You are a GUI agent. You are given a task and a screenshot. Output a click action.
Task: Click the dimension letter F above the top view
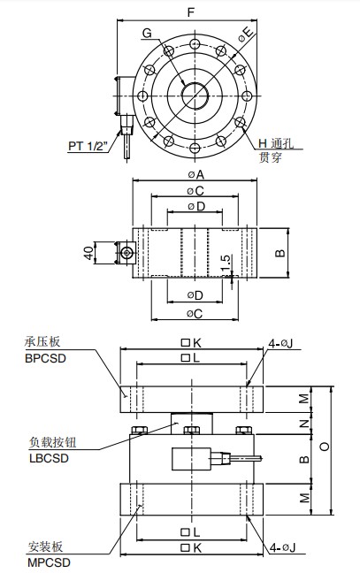pyautogui.click(x=191, y=12)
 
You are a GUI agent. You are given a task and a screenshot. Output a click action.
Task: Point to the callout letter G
pyautogui.click(x=147, y=33)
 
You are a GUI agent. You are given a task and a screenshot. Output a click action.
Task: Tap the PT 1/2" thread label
pyautogui.click(x=89, y=144)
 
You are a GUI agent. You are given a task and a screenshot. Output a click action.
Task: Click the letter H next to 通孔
pyautogui.click(x=262, y=143)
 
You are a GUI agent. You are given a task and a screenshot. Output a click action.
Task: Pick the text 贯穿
pyautogui.click(x=271, y=157)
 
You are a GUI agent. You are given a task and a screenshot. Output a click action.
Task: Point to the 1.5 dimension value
pyautogui.click(x=226, y=263)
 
